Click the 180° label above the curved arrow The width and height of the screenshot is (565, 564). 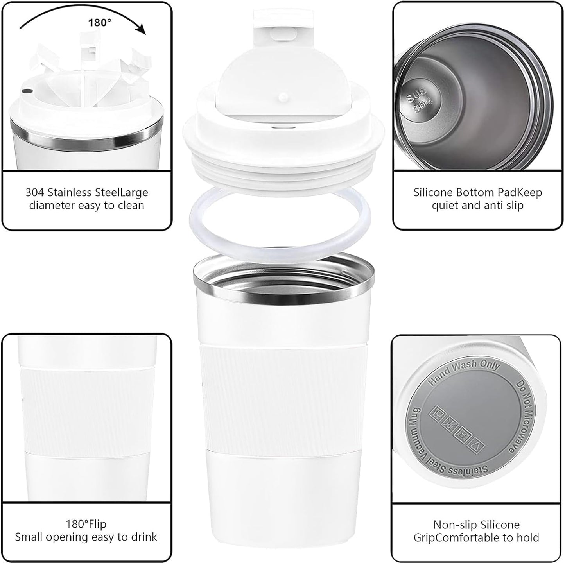coord(99,23)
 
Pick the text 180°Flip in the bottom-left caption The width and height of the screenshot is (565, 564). coord(86,524)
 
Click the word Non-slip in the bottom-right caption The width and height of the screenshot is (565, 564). coord(453,525)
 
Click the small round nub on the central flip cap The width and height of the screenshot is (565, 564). coord(282,95)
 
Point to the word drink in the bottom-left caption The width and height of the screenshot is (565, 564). coord(143,537)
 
